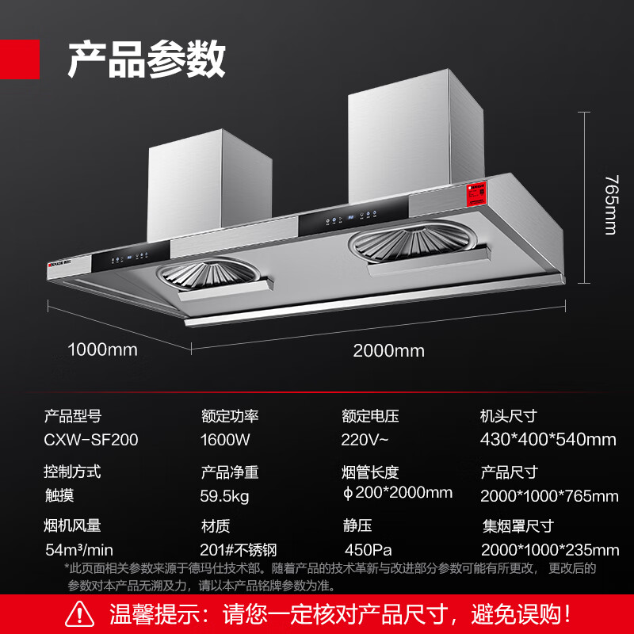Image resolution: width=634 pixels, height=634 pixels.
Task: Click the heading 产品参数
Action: point(147,59)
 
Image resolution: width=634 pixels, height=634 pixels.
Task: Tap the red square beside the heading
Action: point(19,59)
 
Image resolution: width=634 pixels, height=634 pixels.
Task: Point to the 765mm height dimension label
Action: point(611,204)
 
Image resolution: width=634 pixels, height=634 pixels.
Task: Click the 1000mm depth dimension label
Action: point(103,349)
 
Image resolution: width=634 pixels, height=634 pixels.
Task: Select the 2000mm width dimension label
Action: point(388,350)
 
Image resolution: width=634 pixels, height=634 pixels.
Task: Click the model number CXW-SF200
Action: point(91,440)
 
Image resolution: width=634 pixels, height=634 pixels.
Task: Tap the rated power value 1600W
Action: point(225,440)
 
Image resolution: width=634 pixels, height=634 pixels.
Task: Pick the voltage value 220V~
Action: point(365,440)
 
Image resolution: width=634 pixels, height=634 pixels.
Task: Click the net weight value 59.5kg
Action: point(224,496)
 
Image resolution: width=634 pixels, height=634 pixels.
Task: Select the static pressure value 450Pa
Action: point(368,550)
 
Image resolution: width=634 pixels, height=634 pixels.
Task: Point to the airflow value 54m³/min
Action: point(79,550)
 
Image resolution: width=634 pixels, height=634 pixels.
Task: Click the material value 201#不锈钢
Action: point(239,550)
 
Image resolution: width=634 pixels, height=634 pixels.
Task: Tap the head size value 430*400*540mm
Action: point(548,440)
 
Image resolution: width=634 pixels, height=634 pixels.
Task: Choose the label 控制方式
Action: point(72,472)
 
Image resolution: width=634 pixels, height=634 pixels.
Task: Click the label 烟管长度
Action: point(370,472)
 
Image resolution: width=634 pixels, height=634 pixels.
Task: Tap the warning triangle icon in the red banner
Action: point(80,613)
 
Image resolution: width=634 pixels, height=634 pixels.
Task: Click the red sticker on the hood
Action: point(476,193)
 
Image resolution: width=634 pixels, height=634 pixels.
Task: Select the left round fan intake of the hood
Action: point(208,273)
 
